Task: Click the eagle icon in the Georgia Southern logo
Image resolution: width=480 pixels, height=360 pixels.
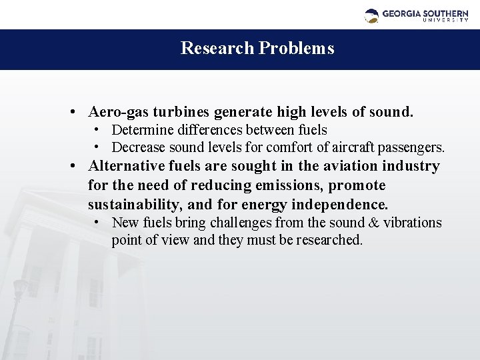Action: coord(371,15)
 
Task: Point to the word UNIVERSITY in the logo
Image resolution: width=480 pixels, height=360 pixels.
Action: coord(445,20)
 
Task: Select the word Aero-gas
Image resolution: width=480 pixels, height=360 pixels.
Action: coord(115,111)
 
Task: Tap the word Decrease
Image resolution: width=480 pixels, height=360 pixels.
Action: coord(138,147)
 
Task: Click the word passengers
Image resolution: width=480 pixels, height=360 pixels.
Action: coord(413,147)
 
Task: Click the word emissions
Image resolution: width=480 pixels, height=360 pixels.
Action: coord(287,185)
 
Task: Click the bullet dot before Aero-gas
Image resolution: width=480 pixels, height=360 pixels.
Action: coord(79,111)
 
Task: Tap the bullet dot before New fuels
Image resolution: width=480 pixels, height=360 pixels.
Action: coord(97,221)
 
